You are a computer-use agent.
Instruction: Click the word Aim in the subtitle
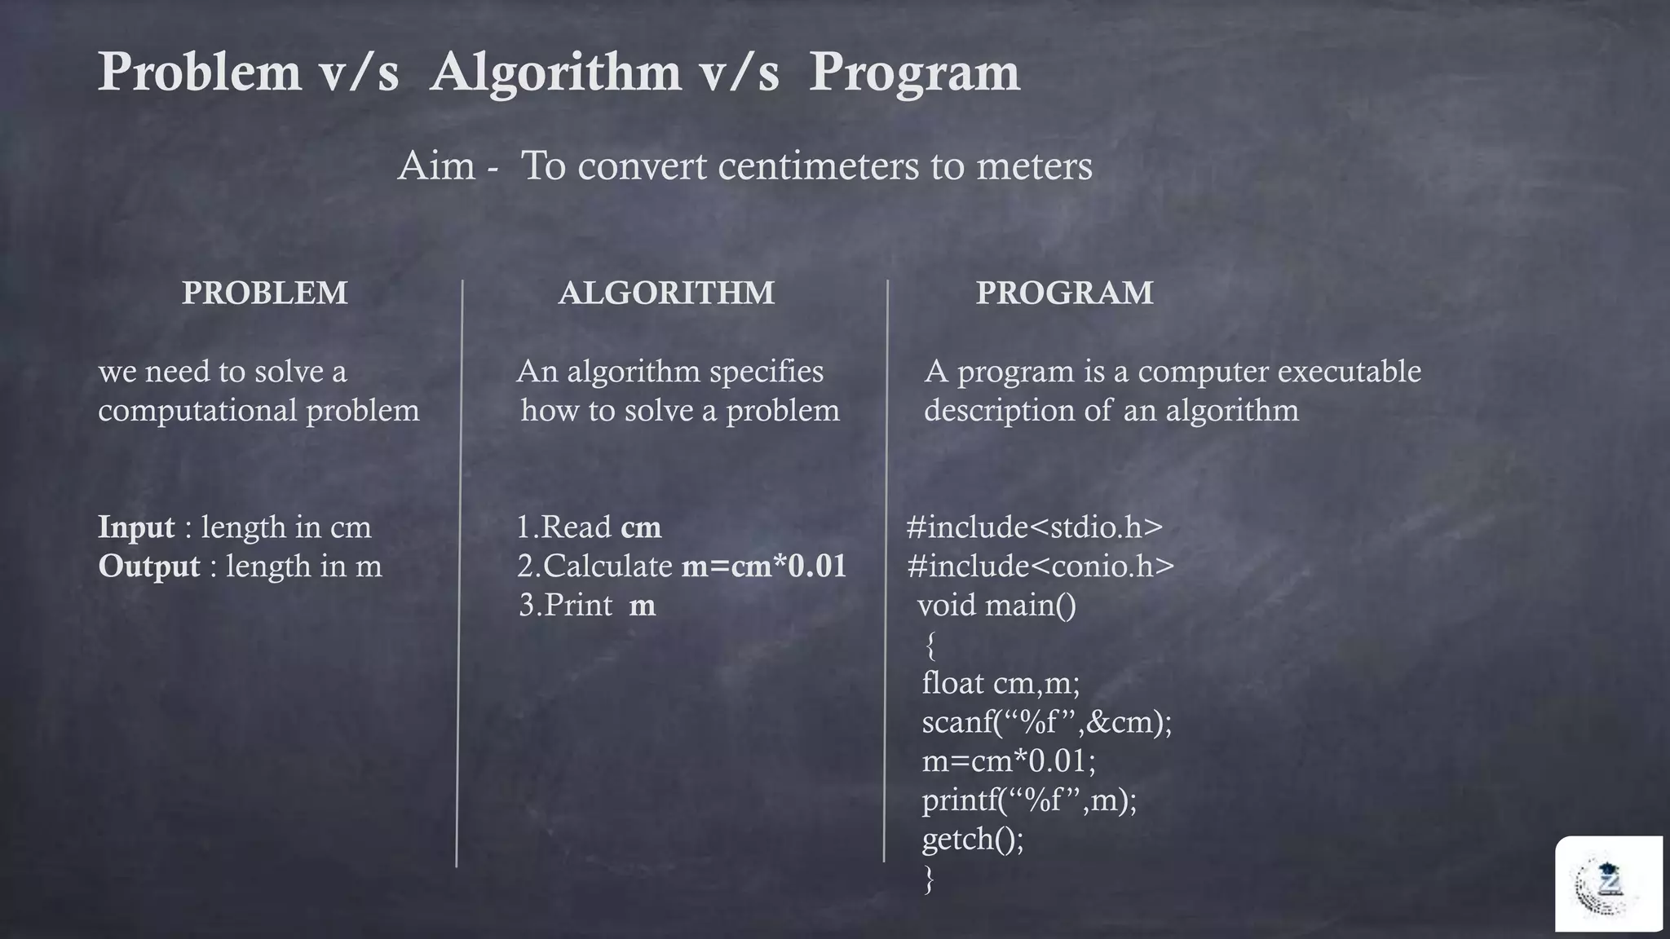[436, 166]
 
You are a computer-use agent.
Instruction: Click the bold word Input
[136, 527]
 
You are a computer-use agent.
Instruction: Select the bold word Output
[148, 566]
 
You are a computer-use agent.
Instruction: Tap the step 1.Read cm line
[589, 527]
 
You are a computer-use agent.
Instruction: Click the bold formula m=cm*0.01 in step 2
[764, 566]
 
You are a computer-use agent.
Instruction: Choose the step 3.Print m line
[587, 606]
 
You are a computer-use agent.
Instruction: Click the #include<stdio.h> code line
[1034, 527]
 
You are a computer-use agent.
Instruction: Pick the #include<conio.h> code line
[1040, 566]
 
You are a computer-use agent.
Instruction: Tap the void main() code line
[996, 606]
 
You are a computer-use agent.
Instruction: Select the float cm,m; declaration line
[1001, 683]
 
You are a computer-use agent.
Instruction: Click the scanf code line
[1046, 722]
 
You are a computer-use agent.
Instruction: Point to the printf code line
[1029, 800]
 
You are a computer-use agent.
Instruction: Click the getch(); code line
[972, 839]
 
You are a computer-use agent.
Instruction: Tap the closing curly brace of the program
[929, 879]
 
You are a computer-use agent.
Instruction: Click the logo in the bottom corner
[1608, 884]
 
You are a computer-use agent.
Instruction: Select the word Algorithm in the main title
[555, 73]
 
